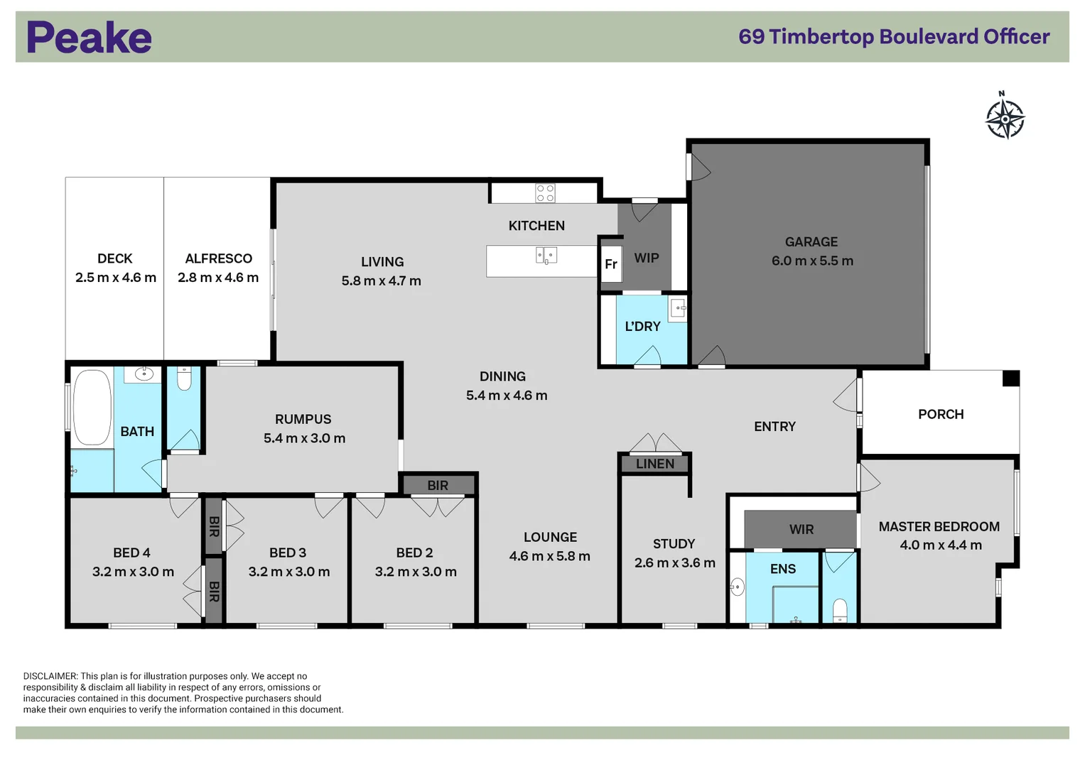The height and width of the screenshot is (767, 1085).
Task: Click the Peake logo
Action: [x=89, y=38]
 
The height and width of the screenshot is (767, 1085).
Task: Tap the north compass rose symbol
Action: [x=1005, y=119]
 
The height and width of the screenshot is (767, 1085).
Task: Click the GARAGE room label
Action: [x=811, y=242]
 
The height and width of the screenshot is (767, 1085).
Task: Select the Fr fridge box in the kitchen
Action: [x=611, y=263]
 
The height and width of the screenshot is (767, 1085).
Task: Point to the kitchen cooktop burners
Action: [x=545, y=193]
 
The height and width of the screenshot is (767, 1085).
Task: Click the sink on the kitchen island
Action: [x=546, y=255]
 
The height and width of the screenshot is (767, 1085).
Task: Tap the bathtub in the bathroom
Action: [x=92, y=407]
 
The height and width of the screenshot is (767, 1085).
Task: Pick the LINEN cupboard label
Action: [x=654, y=464]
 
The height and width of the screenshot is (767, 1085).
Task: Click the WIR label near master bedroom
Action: [x=801, y=530]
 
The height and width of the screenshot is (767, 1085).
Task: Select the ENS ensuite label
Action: [x=782, y=569]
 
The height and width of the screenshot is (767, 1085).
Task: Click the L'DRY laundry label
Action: [x=642, y=327]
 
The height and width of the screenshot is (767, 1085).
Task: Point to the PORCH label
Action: [x=940, y=414]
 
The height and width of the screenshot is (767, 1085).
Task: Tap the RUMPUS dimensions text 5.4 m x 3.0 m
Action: [x=304, y=438]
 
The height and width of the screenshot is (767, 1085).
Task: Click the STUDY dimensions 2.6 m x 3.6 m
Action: [x=674, y=562]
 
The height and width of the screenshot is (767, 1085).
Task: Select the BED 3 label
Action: [x=288, y=553]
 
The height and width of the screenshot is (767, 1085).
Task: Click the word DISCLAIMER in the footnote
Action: [x=50, y=676]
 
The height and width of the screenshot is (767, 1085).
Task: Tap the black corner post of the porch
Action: [x=1010, y=379]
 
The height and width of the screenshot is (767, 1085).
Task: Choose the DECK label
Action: [x=115, y=259]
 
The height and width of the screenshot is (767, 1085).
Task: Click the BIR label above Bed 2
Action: [x=438, y=486]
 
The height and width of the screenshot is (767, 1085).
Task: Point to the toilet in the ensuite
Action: [x=839, y=610]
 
